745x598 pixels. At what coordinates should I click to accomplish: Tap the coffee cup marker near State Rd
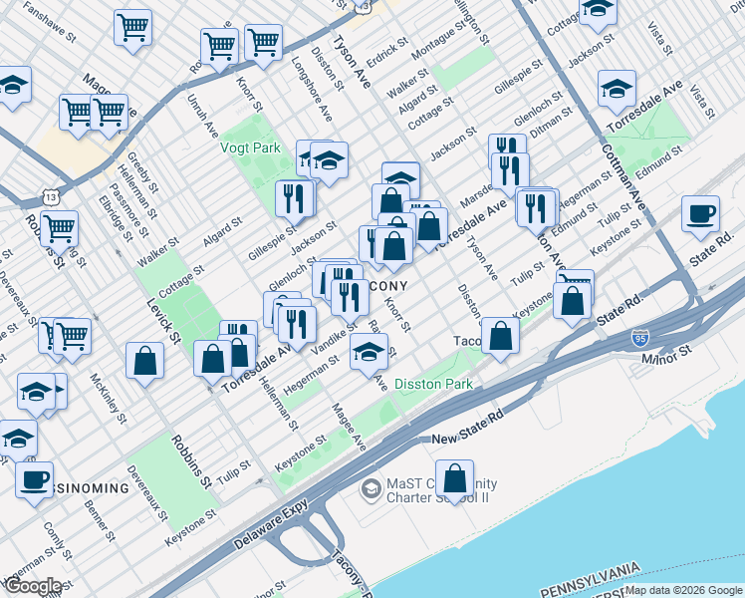tap(701, 214)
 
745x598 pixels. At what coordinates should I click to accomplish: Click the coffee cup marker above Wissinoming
tap(34, 478)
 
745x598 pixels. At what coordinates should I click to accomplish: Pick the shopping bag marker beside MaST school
tap(454, 480)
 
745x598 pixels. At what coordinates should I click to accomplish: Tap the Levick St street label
tap(160, 319)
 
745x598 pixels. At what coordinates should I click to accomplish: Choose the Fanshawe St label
tap(50, 26)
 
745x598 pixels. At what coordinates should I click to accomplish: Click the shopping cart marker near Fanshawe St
tap(131, 28)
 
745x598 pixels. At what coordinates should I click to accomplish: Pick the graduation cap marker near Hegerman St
tap(369, 352)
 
